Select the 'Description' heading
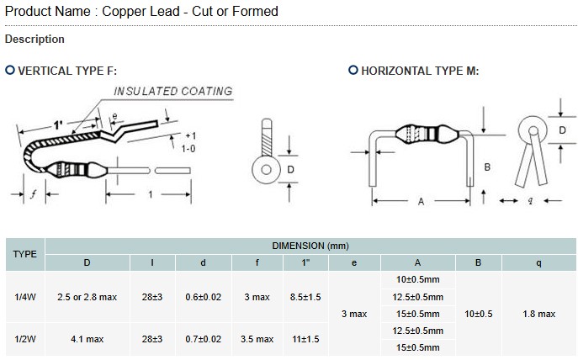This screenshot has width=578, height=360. click(x=34, y=40)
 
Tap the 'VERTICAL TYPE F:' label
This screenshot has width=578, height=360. click(x=66, y=71)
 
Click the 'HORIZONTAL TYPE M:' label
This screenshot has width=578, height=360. click(x=419, y=71)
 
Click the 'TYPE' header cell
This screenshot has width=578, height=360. click(x=25, y=254)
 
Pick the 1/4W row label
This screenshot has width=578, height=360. click(x=25, y=297)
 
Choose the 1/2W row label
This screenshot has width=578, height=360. click(x=25, y=339)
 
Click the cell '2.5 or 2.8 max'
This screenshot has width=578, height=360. click(x=87, y=297)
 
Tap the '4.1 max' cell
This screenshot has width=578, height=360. click(x=87, y=339)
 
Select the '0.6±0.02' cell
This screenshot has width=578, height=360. click(x=203, y=297)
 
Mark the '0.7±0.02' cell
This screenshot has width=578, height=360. click(x=203, y=339)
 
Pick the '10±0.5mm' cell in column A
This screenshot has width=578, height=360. click(x=417, y=279)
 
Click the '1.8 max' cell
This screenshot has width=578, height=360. click(x=538, y=314)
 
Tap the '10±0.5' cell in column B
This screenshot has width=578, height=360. click(x=478, y=314)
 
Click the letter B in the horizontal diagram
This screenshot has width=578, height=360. click(x=487, y=167)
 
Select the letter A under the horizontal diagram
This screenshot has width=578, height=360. click(x=421, y=201)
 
